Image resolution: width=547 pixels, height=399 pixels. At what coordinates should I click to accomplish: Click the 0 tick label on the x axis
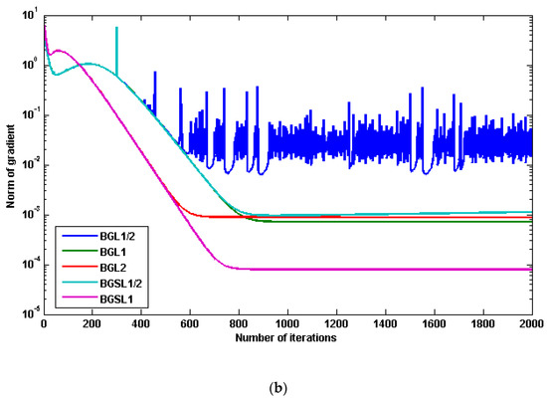(44, 324)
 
